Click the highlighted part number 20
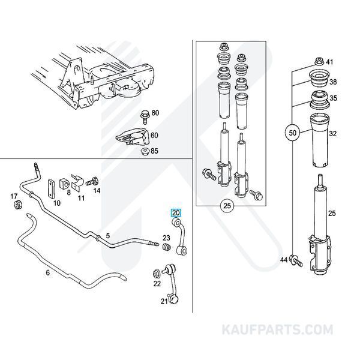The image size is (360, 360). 176,212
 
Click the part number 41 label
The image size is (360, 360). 329,61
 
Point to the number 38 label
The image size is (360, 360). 333,82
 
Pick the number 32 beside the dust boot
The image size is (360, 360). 333,134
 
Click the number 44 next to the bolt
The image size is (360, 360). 284,259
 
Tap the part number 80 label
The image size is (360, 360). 155,113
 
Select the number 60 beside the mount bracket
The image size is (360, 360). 155,136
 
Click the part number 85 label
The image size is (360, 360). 155,151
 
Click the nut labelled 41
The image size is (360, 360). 318,61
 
